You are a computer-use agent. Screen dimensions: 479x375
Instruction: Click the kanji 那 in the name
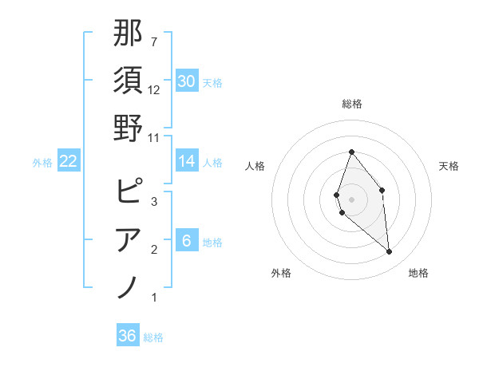click(128, 34)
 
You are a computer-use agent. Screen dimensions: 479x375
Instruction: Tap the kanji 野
click(128, 127)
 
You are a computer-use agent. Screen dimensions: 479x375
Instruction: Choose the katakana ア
click(129, 239)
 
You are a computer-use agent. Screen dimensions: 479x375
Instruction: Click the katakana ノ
click(128, 286)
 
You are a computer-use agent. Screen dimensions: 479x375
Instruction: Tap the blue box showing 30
click(186, 81)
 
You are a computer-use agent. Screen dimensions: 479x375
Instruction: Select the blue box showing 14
click(186, 161)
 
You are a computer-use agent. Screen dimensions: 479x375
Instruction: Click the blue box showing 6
click(186, 241)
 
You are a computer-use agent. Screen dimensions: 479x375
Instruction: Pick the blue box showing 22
click(69, 161)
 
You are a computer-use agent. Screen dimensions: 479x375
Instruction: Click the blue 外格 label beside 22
click(42, 162)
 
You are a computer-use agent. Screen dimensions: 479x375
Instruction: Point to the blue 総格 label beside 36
click(153, 337)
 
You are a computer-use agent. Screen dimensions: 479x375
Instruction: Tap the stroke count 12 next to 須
click(154, 90)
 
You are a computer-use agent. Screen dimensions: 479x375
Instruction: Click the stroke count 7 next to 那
click(154, 41)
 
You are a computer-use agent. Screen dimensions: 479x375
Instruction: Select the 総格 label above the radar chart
click(351, 104)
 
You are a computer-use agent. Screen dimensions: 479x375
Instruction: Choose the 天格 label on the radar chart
click(449, 166)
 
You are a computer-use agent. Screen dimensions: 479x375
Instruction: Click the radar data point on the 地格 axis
click(390, 251)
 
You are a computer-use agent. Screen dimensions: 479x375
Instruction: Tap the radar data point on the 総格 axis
click(351, 152)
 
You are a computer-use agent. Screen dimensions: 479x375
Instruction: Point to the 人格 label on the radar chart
click(255, 166)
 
